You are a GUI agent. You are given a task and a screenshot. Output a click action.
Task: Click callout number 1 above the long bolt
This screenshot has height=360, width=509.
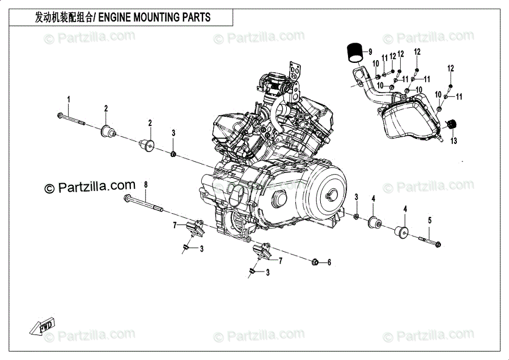69,100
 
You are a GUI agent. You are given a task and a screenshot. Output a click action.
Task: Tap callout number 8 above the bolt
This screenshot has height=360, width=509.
145,185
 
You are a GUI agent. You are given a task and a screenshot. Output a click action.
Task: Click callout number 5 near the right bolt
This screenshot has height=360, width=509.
429,220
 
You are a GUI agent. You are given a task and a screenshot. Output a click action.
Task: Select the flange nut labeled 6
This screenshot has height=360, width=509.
316,262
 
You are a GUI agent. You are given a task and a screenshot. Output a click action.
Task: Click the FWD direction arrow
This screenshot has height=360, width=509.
43,327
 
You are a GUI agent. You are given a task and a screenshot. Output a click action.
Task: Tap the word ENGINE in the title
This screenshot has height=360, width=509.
116,18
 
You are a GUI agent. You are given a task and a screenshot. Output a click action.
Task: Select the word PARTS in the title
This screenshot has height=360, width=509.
196,18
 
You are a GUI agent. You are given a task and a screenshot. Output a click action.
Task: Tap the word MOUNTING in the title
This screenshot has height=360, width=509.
156,18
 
